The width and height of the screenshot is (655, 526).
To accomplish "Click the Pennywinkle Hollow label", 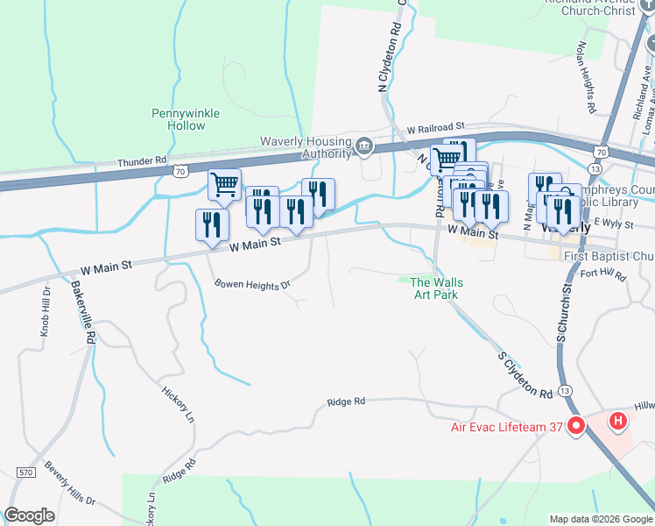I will click(185, 119).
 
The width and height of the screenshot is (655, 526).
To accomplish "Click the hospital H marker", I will click(618, 422).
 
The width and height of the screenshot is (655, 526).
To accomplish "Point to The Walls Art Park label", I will click(437, 288).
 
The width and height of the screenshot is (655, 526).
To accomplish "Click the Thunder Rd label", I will click(141, 161).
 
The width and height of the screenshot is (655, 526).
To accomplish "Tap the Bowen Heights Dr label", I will click(252, 286).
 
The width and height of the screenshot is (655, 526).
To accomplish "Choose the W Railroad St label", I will click(435, 128).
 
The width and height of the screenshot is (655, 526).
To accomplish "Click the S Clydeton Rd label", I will click(525, 374).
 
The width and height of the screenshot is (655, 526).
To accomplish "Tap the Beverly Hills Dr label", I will click(70, 483).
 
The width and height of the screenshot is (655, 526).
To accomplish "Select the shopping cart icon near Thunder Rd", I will click(224, 184).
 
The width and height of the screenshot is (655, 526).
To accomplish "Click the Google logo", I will click(29, 515).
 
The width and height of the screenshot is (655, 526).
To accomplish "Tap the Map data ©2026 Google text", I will click(601, 519).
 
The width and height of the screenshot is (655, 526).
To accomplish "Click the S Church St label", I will click(566, 313).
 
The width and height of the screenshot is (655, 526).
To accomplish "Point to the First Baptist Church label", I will click(609, 256).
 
